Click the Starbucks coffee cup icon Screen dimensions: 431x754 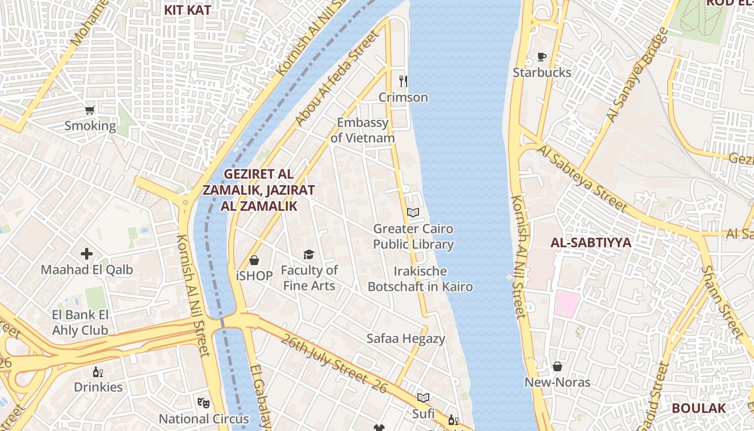coord(542,57)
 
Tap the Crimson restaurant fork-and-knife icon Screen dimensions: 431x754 coord(403,81)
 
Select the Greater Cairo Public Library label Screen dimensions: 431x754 coord(414,237)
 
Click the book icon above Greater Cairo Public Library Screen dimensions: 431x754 coord(413,213)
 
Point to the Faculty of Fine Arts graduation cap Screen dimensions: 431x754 coord(309,254)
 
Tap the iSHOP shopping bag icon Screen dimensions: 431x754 coord(254,260)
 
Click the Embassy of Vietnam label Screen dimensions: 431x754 coord(362,130)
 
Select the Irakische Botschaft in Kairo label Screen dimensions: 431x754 coord(420,279)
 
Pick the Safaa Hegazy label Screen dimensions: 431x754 coord(406,338)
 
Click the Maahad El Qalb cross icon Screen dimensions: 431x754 coord(87,253)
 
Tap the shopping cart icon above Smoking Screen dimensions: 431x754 coord(90,110)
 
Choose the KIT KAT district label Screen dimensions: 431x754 coord(187,10)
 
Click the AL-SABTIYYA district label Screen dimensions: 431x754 coord(590,242)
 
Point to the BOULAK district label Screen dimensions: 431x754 coord(699,408)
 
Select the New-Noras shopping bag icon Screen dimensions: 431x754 coord(557,367)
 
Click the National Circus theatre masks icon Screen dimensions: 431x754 coord(203,402)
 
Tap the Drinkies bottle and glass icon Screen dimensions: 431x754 coord(98,372)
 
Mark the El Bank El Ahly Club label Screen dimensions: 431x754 coord(80,322)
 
